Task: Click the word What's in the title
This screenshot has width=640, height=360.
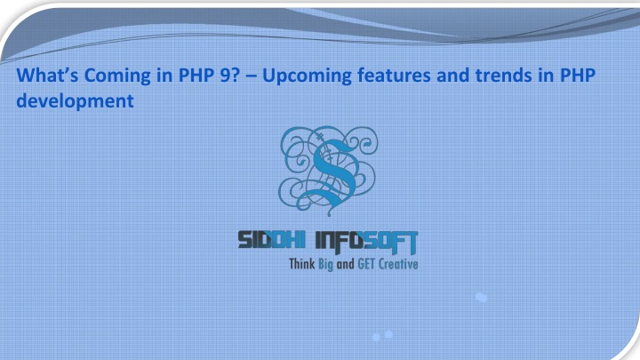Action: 47,75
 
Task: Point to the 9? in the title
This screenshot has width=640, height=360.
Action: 230,75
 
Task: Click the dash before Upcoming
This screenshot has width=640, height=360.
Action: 252,76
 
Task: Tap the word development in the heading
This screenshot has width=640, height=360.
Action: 75,101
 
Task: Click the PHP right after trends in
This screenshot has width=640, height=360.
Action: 578,75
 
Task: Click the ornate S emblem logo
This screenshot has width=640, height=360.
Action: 328,170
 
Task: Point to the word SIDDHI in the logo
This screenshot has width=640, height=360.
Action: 271,240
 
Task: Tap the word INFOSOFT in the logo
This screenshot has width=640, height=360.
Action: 367,242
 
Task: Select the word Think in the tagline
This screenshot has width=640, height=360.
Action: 302,264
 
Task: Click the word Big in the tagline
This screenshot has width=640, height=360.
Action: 325,265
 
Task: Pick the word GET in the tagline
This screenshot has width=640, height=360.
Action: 366,264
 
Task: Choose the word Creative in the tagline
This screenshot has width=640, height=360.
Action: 398,264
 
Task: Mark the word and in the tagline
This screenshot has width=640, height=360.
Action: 345,265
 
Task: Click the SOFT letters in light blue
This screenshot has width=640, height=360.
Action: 391,242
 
